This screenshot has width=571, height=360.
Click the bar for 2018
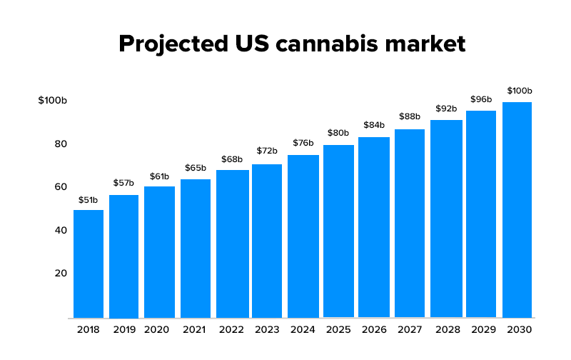point(89,264)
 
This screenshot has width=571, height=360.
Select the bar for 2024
point(303,236)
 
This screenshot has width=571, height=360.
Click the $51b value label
point(89,199)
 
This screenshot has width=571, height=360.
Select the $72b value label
point(267,151)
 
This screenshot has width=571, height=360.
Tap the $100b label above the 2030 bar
point(520,91)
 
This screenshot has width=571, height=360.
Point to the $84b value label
point(374,125)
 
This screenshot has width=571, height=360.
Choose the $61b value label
point(160,176)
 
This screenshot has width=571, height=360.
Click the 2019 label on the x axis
point(123,329)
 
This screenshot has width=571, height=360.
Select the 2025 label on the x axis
point(338,329)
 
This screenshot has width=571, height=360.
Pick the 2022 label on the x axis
point(231,329)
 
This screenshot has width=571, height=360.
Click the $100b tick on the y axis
point(52,101)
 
